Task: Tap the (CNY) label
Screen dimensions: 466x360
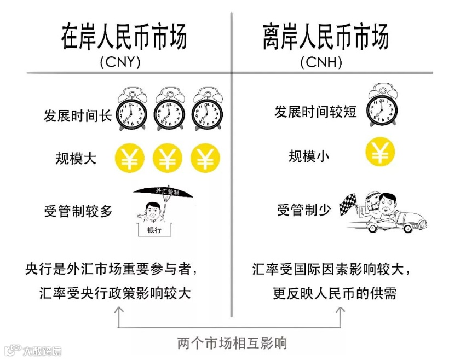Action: click(x=120, y=62)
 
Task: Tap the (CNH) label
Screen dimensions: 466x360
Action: click(x=321, y=62)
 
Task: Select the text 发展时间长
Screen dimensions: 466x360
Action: click(x=78, y=116)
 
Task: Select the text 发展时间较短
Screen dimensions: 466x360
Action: click(x=315, y=112)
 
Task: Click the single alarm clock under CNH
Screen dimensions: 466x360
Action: click(x=381, y=105)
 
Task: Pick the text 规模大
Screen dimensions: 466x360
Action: click(x=76, y=159)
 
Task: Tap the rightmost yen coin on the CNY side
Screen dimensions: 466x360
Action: click(x=205, y=158)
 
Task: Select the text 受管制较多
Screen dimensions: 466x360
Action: click(x=78, y=211)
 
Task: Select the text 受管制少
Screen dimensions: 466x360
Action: click(x=304, y=210)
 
